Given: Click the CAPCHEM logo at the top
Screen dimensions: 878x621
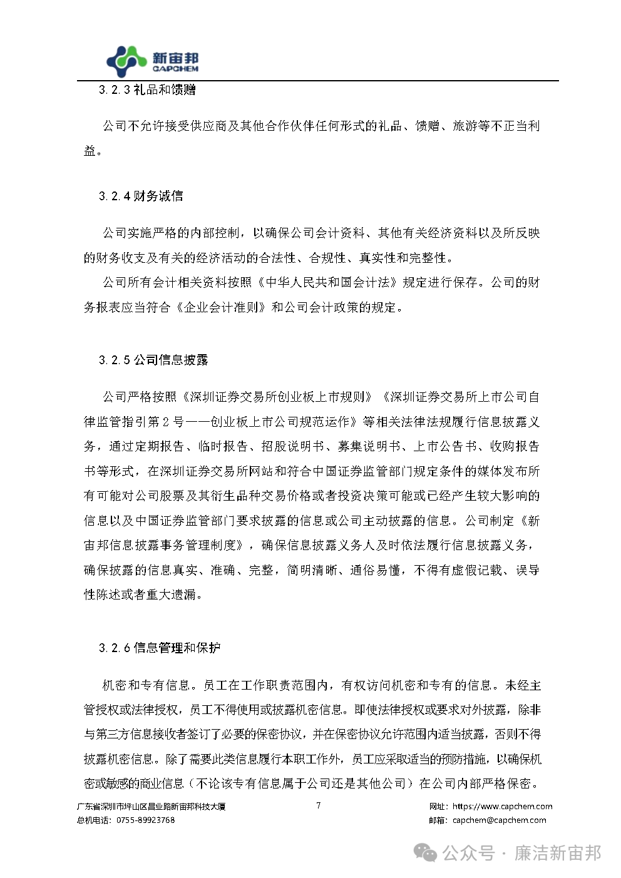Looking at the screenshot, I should pos(152,60).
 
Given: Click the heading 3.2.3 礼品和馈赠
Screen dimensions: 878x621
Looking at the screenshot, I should pos(147,90).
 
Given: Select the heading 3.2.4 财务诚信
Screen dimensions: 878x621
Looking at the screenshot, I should pos(141,197).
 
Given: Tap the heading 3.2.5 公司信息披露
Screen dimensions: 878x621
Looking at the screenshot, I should pos(153,360).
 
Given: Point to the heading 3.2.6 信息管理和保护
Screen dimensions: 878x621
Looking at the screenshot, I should pos(160,648).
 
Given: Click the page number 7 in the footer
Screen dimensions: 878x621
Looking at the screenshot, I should pos(319,805).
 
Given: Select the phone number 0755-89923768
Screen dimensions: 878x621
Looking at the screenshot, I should pos(145,820).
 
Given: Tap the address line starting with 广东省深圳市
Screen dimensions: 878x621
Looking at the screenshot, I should pos(151,807).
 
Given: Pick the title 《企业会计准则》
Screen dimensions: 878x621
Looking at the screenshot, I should pos(222,307).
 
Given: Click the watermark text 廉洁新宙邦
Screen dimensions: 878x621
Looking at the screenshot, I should pos(557,853).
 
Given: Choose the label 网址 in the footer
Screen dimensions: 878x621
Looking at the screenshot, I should pos(437,807).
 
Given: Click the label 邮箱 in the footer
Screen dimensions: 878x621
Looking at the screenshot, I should pos(437,820).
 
